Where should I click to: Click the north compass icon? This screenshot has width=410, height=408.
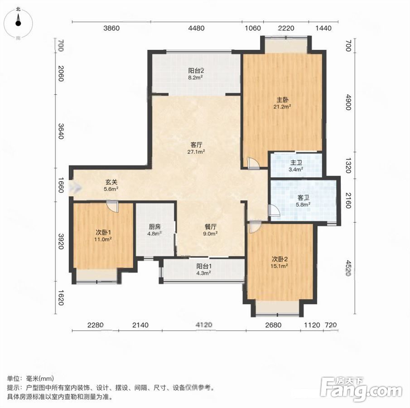pos(18,23)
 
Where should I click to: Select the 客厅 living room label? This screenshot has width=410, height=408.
pos(196,145)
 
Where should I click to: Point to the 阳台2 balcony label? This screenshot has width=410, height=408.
pos(196,71)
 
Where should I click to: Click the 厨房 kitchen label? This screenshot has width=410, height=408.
pos(154,227)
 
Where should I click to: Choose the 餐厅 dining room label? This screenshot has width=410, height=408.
pos(210,227)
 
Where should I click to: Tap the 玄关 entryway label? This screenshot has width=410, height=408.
pos(111,182)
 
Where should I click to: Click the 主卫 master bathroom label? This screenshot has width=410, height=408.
pos(296,162)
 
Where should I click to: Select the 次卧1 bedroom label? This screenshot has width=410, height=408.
pos(103,232)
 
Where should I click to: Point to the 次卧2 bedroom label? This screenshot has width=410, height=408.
pos(280,259)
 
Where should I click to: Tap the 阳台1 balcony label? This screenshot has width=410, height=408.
pos(204,267)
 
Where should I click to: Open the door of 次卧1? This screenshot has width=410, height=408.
pos(112,206)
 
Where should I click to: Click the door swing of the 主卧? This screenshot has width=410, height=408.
pos(253,164)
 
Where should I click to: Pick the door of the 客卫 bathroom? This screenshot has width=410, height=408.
pos(274,211)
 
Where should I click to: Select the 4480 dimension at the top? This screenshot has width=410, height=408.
pos(196,28)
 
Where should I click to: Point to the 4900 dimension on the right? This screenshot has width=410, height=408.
pos(348,102)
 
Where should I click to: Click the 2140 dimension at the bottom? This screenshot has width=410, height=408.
pos(140,325)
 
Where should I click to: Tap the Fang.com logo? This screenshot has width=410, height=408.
pos(361,390)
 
